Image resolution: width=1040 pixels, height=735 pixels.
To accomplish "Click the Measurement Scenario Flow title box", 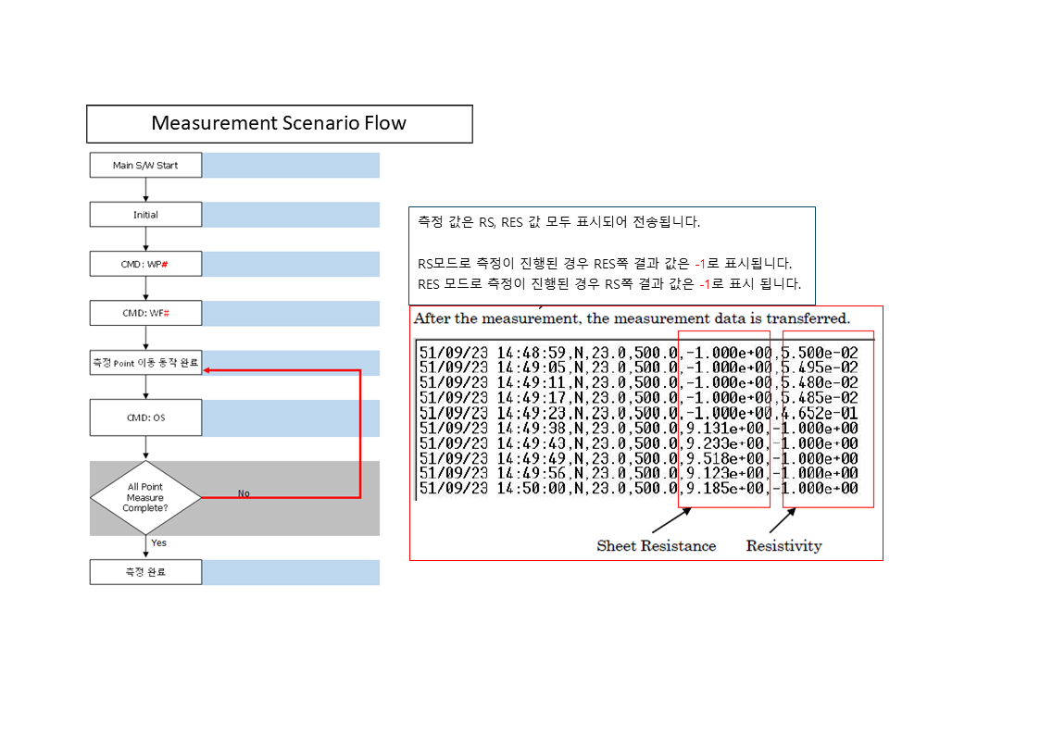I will point(279,123).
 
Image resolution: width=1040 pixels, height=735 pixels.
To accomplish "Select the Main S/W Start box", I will point(145,166).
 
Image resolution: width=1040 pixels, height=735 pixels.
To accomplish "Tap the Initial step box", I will point(145,215).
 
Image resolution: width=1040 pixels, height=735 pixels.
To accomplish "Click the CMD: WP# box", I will point(145,264).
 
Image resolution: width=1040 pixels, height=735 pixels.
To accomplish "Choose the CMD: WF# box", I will point(145,313).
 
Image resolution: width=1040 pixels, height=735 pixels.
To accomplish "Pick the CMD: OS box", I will point(145,417).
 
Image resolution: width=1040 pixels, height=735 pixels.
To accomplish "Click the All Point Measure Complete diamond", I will point(145,497).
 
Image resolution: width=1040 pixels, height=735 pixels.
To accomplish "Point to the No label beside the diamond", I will point(244,493).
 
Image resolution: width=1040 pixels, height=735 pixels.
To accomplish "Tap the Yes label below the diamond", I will point(159,542).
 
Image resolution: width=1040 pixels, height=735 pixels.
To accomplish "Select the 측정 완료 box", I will point(145,572).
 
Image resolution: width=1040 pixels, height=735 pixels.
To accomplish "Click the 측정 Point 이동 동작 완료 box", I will point(145,363).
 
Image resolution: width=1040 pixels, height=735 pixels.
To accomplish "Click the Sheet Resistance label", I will point(656,546).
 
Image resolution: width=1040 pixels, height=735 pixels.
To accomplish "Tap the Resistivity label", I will point(783,546).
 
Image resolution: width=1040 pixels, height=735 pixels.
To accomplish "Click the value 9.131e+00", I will point(723,429).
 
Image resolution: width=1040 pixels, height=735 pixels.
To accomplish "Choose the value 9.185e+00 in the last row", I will point(723,488).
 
